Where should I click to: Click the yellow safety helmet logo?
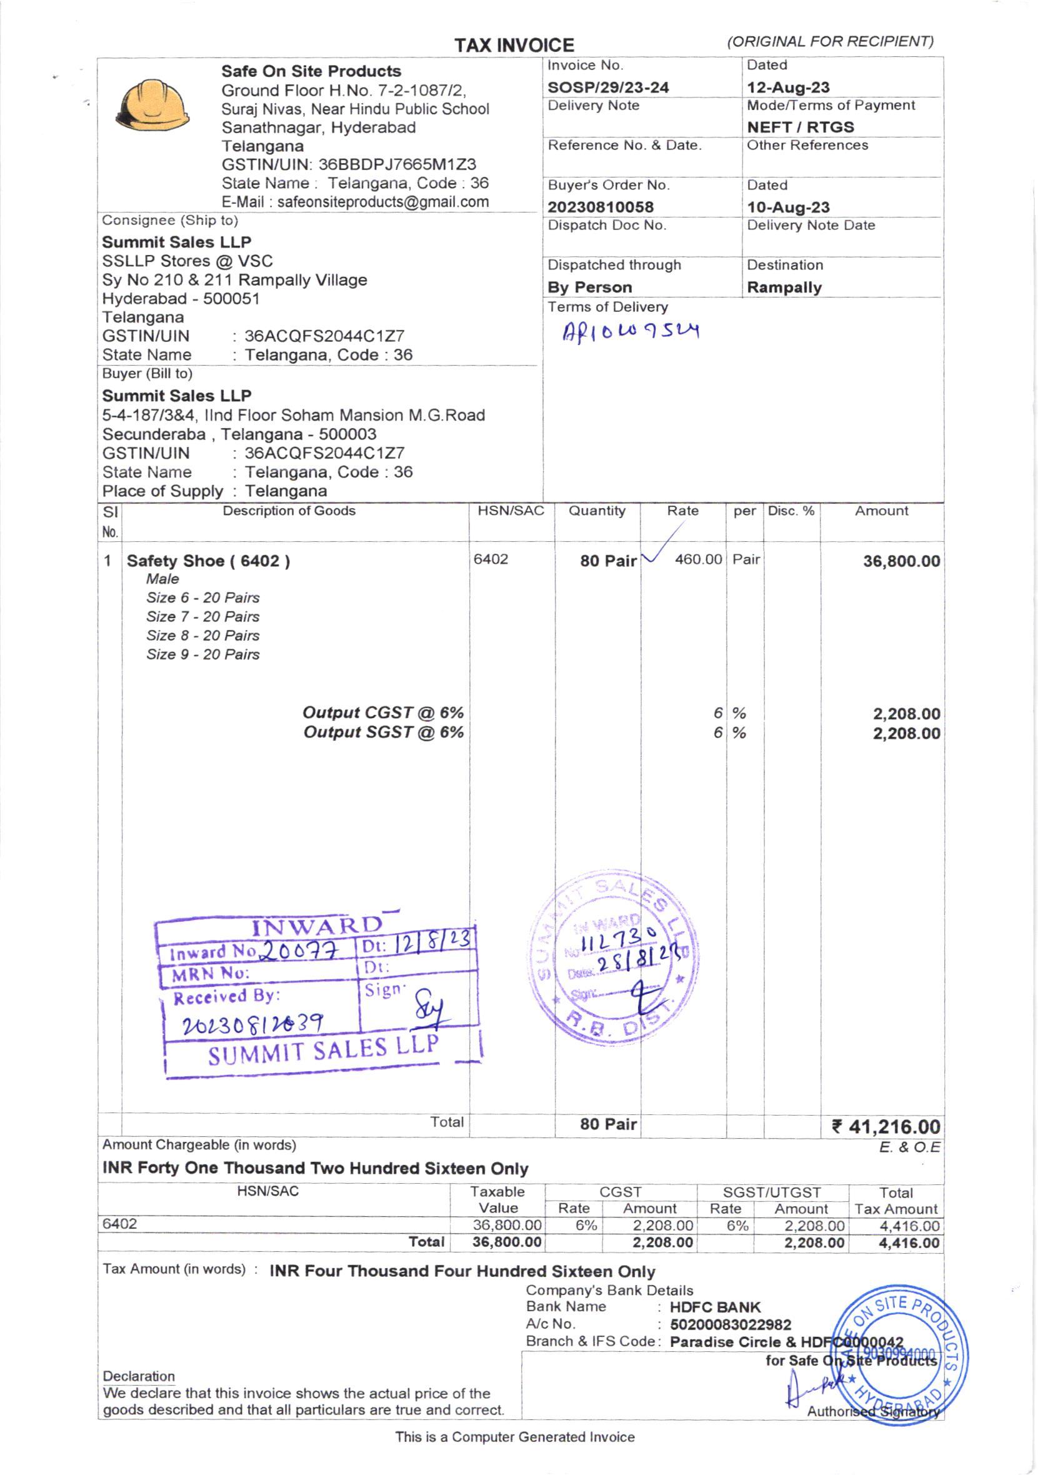click(x=152, y=106)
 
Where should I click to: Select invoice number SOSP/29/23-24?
click(x=607, y=87)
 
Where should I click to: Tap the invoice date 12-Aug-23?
click(x=787, y=87)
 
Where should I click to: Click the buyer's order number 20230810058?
click(x=600, y=207)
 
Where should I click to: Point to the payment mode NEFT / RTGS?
click(x=800, y=127)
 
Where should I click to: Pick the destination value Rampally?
click(x=784, y=287)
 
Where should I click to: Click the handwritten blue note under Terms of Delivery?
click(x=630, y=331)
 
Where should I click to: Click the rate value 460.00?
click(x=697, y=559)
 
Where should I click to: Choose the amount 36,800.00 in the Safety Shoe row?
click(x=901, y=561)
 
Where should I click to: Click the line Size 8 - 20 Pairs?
click(x=203, y=636)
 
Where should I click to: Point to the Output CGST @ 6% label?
click(x=383, y=713)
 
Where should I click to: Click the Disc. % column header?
click(x=791, y=511)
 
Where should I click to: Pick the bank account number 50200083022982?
click(x=731, y=1324)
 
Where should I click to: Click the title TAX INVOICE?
click(x=514, y=46)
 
